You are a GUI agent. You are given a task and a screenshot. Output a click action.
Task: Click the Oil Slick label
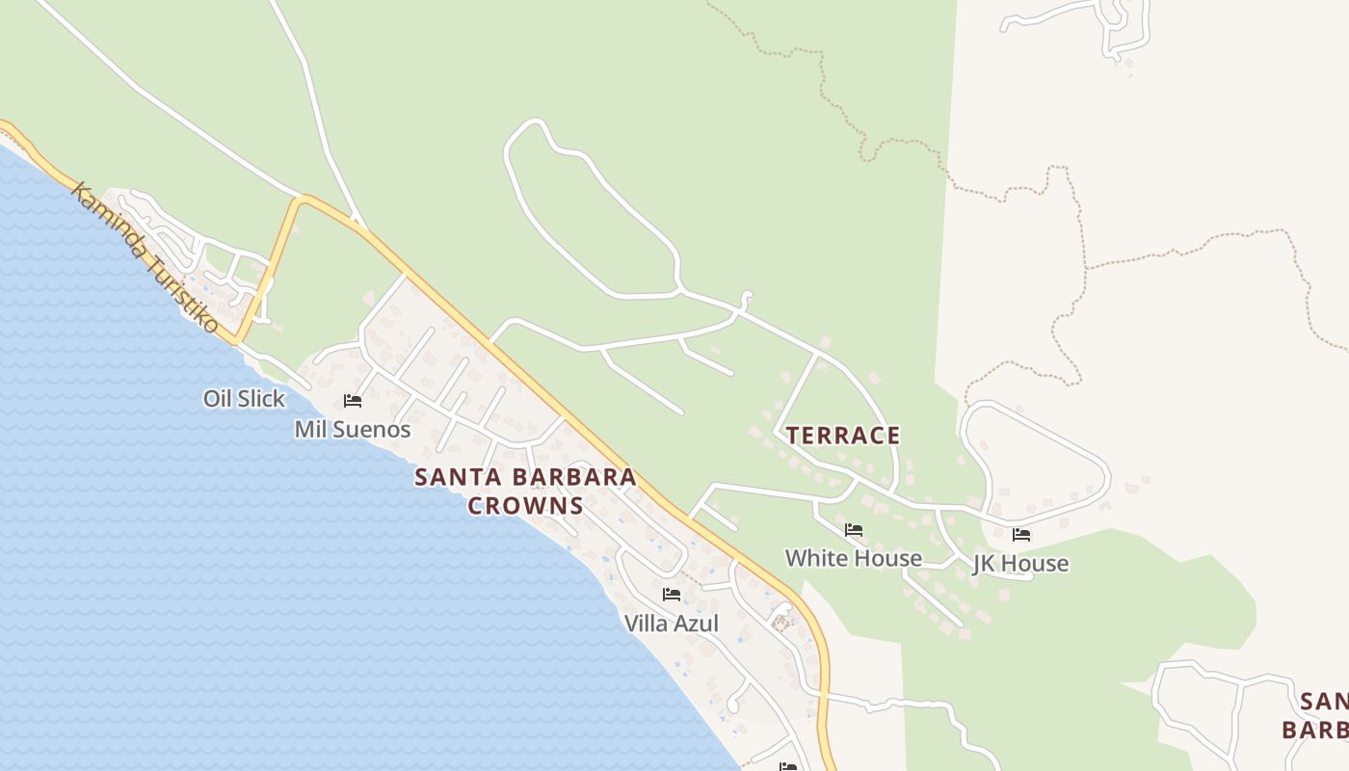244,398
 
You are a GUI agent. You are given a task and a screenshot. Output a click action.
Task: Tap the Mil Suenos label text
353,430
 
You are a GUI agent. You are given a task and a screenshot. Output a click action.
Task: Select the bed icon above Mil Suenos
353,400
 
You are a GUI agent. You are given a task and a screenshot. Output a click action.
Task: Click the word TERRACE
843,436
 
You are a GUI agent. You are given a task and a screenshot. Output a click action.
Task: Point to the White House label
854,558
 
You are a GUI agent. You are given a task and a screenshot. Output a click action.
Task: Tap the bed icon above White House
854,529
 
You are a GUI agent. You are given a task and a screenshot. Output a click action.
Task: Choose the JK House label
1020,564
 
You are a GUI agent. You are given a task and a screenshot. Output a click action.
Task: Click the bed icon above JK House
1021,534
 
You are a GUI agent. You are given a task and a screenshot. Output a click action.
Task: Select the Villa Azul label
672,624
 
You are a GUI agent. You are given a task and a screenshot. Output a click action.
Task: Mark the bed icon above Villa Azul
672,594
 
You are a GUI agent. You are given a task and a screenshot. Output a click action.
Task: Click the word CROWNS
526,506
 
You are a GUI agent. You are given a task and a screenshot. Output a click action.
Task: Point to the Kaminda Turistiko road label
145,256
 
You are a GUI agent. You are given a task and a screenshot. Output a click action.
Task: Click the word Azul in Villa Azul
696,624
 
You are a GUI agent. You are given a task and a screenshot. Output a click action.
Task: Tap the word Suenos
374,430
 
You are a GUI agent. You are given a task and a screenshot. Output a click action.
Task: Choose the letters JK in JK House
985,564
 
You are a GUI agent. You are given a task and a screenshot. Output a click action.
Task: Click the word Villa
646,624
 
